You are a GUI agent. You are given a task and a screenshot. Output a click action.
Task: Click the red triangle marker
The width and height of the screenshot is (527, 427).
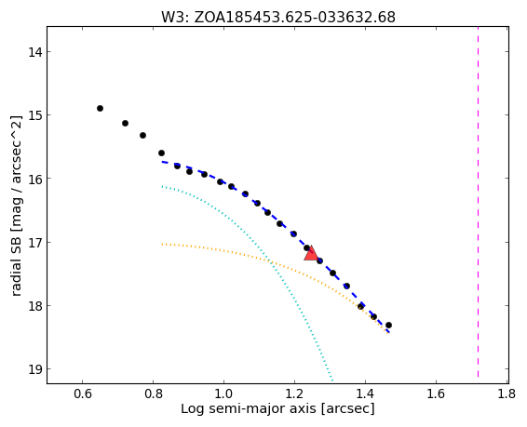coord(311,253)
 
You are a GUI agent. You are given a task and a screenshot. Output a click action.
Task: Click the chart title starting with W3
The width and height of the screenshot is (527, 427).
coord(278,17)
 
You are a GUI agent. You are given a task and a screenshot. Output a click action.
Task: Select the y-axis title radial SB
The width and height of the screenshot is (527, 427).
coord(16,206)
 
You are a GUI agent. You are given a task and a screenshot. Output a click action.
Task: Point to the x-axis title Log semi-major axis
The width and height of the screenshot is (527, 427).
coord(277,409)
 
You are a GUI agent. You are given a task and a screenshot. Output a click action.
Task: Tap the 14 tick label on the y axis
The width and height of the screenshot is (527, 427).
coord(35,52)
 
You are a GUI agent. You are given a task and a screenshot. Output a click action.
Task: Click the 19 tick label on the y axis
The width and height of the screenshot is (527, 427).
coord(35,369)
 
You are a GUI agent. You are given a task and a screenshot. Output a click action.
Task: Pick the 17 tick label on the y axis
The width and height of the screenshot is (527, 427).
coord(35,242)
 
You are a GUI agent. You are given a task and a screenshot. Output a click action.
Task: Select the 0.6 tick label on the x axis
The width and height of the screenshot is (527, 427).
coord(82,394)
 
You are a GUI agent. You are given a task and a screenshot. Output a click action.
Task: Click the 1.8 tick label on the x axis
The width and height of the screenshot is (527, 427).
coord(507,394)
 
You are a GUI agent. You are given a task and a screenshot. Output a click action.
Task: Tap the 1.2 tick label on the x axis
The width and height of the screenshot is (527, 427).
coord(294,394)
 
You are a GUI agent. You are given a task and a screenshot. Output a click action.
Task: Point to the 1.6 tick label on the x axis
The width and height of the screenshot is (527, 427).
coord(436,394)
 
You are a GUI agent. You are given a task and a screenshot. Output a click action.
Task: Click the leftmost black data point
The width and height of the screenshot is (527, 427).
coord(100,108)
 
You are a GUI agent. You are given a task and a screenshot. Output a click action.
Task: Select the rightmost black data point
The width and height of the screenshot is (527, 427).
coord(388,325)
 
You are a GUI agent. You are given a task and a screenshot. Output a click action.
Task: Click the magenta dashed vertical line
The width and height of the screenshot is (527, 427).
coord(478,205)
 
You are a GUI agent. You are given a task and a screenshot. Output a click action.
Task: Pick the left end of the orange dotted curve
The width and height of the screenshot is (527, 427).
coord(162,244)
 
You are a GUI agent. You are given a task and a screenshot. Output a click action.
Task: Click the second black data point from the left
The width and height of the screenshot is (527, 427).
coord(125,123)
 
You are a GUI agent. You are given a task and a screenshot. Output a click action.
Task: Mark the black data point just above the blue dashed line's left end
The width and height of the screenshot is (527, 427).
coord(161,153)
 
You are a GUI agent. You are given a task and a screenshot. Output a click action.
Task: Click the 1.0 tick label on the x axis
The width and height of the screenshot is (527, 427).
coord(223,394)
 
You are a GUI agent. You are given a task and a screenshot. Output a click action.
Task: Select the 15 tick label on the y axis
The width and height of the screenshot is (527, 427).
coord(35,115)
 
